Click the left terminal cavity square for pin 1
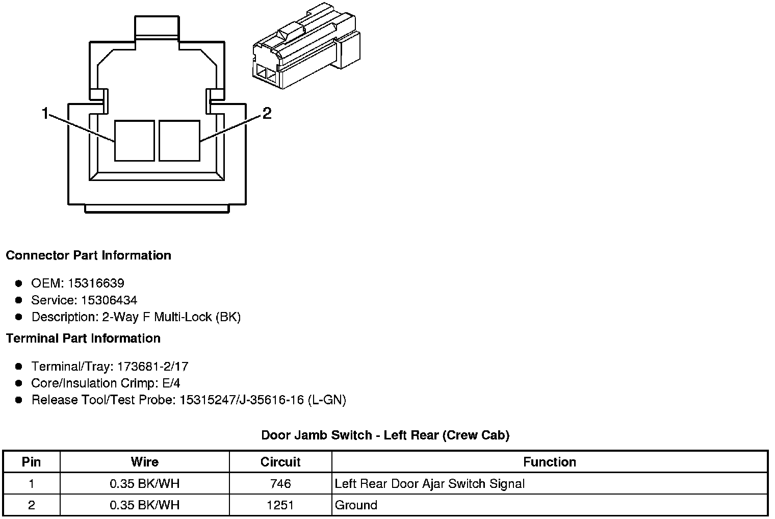[x=135, y=141]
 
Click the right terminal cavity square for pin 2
[x=179, y=141]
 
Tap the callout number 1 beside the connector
[x=45, y=113]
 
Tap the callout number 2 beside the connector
[x=267, y=113]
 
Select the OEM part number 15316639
[x=96, y=283]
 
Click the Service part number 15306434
[x=109, y=300]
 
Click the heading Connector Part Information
[x=89, y=255]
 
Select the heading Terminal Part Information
[x=84, y=339]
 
